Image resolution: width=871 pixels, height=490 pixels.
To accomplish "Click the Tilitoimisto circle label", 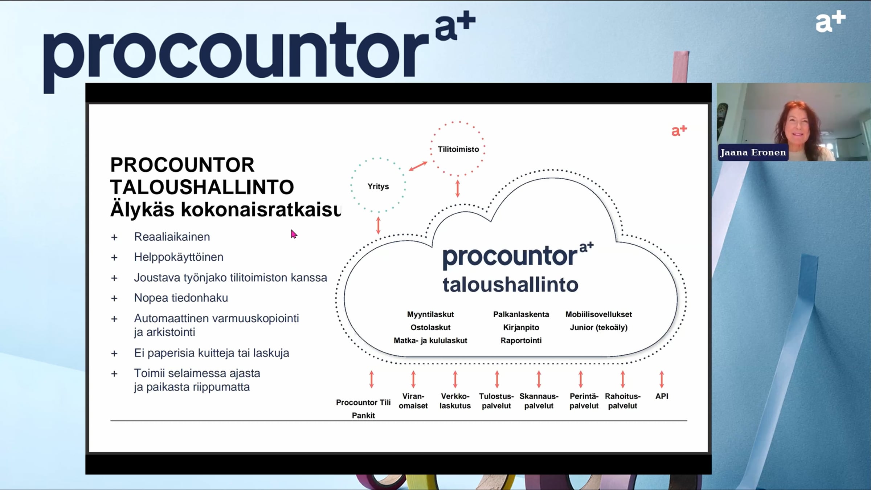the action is tap(458, 149).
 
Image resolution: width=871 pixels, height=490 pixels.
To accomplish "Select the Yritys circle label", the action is tap(378, 186).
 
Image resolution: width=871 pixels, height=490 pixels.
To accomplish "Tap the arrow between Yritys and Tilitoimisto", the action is tap(418, 166).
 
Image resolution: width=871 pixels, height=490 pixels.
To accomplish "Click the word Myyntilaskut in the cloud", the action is tap(430, 314).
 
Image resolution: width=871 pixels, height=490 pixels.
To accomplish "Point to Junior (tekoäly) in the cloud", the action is tap(599, 327).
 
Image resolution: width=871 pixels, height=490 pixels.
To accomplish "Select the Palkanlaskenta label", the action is tap(521, 314).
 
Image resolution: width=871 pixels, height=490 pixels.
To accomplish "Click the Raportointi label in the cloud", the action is tap(521, 340).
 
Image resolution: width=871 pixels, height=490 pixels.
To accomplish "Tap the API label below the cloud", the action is tap(662, 396).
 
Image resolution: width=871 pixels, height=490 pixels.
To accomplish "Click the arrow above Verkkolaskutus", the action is tap(455, 379).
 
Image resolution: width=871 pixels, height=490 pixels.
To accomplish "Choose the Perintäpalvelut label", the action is tap(584, 401).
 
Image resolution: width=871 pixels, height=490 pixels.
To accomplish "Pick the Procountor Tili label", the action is tap(363, 403).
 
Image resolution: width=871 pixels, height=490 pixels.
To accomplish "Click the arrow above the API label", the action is tap(662, 379).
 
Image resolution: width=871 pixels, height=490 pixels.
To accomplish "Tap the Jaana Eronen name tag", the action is tap(753, 152).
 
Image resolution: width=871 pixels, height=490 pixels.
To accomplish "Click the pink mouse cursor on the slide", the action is tap(294, 234).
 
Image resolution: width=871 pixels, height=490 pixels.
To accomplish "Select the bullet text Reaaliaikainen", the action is tap(172, 237).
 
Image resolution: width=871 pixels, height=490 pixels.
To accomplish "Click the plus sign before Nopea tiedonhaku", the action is tap(114, 298).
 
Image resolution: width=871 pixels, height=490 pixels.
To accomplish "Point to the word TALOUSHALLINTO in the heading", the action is tap(202, 187).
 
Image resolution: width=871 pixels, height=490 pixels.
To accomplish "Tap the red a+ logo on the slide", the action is tap(679, 131).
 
